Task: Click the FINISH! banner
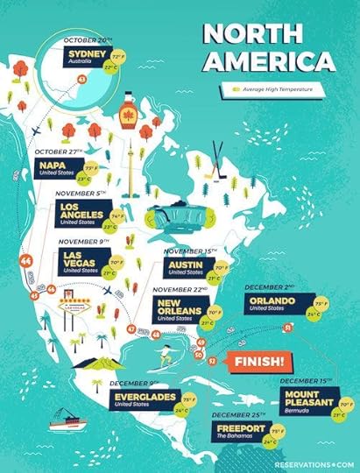[x=257, y=361]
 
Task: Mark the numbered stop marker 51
[x=313, y=328]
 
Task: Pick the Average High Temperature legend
[x=275, y=88]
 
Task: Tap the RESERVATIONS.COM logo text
[x=313, y=465]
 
